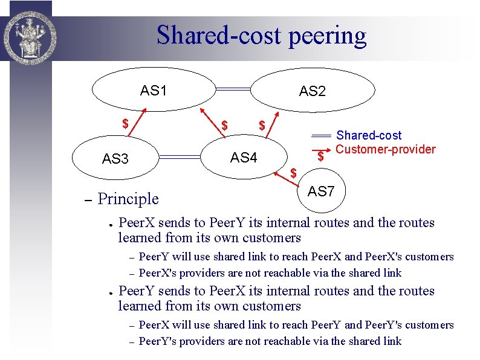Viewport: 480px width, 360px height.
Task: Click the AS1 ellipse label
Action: click(x=154, y=91)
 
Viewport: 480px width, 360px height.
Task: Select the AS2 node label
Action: click(x=313, y=91)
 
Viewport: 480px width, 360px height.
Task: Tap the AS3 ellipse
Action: click(x=115, y=159)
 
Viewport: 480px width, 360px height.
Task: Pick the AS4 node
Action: click(x=244, y=158)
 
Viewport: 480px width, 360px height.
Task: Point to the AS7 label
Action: click(x=321, y=191)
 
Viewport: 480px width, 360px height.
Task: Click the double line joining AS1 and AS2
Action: click(x=233, y=89)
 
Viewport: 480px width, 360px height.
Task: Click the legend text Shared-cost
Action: click(x=369, y=135)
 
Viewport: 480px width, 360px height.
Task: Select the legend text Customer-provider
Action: click(x=386, y=149)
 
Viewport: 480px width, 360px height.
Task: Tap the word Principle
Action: click(x=128, y=198)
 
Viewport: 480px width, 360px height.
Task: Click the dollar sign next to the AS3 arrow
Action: click(x=125, y=124)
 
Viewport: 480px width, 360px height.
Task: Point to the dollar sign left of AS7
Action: click(x=294, y=173)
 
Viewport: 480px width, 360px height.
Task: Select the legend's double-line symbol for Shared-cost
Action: click(x=322, y=135)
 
